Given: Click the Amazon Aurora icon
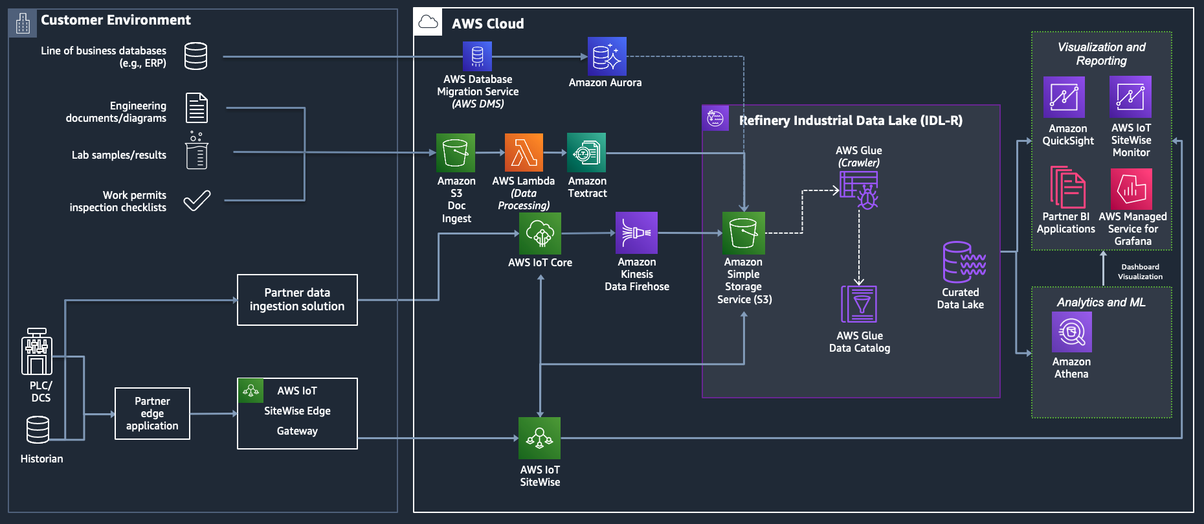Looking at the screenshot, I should (x=607, y=56).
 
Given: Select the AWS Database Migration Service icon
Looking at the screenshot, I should (x=477, y=56).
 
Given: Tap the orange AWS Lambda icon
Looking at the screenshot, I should (x=524, y=153).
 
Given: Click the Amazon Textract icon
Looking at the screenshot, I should (x=586, y=153).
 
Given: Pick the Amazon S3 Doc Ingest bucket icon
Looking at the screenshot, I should (x=456, y=153).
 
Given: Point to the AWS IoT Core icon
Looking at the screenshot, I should (x=540, y=233).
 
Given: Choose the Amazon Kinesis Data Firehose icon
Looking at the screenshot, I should (x=636, y=233).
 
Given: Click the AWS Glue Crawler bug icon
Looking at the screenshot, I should (x=860, y=190).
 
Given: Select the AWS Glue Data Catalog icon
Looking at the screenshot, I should (x=859, y=304).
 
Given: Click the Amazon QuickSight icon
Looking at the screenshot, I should (x=1064, y=97).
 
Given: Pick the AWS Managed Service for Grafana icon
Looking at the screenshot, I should (x=1132, y=189).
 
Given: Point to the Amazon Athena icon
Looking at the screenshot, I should (x=1072, y=332).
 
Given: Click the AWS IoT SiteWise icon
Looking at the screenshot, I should (x=539, y=439).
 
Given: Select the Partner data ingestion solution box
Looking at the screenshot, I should (x=297, y=300).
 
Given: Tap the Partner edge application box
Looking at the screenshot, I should (x=152, y=414).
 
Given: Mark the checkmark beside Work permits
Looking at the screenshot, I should (x=197, y=201).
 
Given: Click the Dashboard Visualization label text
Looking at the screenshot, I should (x=1140, y=272).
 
